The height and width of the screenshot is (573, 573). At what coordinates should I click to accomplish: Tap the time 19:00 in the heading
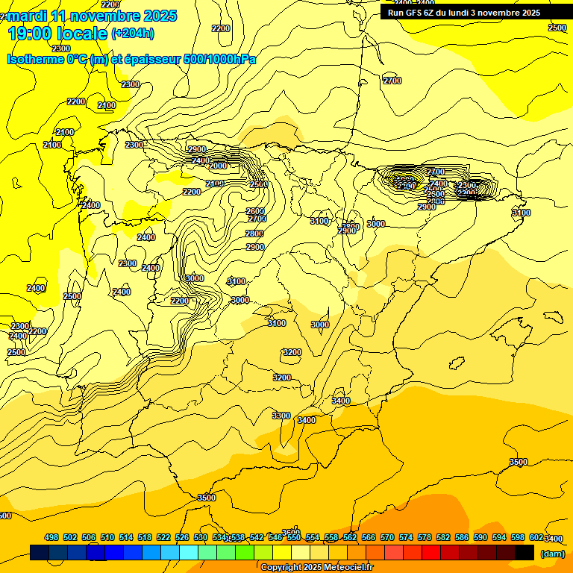[31, 34]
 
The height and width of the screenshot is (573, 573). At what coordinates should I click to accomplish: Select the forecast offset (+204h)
[133, 33]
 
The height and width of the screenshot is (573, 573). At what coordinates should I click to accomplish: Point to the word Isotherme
[35, 59]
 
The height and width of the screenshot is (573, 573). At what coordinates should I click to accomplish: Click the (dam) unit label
[552, 553]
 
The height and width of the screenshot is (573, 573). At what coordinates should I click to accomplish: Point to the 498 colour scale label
[51, 537]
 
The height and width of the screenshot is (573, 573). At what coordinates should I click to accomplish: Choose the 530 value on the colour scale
[201, 537]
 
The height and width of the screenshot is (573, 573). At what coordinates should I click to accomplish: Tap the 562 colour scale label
[350, 537]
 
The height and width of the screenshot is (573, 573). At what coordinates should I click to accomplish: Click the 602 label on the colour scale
[536, 537]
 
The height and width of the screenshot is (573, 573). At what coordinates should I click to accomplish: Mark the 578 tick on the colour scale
[425, 537]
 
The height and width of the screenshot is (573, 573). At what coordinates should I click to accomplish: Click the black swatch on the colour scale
[525, 552]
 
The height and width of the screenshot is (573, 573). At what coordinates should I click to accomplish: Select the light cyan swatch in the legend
[189, 552]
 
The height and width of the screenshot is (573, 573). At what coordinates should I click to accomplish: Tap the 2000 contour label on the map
[219, 166]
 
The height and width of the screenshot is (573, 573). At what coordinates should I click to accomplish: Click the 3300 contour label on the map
[281, 416]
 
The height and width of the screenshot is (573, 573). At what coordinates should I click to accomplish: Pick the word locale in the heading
[81, 34]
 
